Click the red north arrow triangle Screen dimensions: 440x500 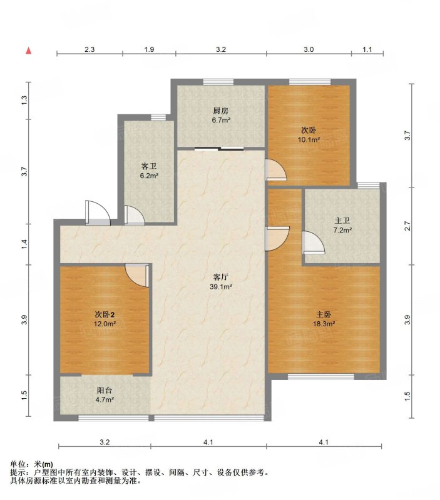pyautogui.click(x=29, y=51)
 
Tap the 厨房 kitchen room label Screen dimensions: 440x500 pyautogui.click(x=221, y=111)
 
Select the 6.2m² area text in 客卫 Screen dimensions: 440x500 pyautogui.click(x=149, y=176)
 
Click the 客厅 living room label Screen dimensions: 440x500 pyautogui.click(x=220, y=277)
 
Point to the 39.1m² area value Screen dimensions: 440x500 pyautogui.click(x=221, y=287)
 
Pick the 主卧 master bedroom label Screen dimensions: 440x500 pyautogui.click(x=324, y=315)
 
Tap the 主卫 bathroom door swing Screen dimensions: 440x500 pyautogui.click(x=313, y=242)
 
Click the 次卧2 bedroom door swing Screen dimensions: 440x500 pyautogui.click(x=137, y=275)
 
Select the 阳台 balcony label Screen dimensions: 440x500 pyautogui.click(x=105, y=390)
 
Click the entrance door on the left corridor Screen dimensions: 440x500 pyautogui.click(x=98, y=213)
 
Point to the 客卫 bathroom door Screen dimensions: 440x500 pyautogui.click(x=135, y=216)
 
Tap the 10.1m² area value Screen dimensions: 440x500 pyautogui.click(x=309, y=139)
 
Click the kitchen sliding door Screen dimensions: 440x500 pyautogui.click(x=219, y=148)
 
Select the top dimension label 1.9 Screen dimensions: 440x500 pyautogui.click(x=149, y=49)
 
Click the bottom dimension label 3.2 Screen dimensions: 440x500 pyautogui.click(x=105, y=442)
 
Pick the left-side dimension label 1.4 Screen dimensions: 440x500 pyautogui.click(x=24, y=244)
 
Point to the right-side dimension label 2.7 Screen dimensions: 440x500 pyautogui.click(x=407, y=226)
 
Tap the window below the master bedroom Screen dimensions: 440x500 pyautogui.click(x=321, y=377)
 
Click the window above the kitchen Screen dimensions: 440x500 pyautogui.click(x=218, y=82)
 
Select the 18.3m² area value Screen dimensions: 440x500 pyautogui.click(x=324, y=324)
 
